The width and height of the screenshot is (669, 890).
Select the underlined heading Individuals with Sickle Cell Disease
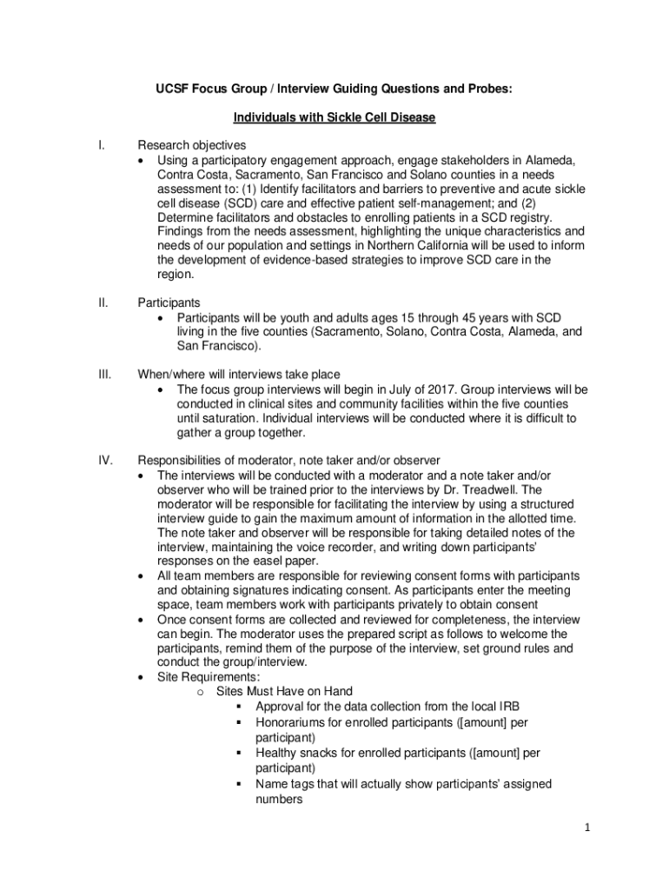[334, 116]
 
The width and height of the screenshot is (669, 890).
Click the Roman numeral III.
[104, 375]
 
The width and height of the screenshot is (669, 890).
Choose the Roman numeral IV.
[105, 460]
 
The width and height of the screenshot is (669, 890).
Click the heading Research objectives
[191, 145]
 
